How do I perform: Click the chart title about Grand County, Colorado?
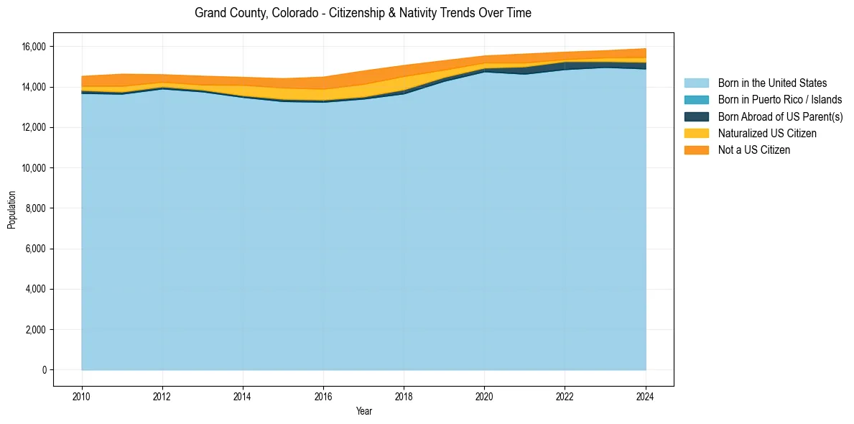(x=363, y=13)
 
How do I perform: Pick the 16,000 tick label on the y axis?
(x=34, y=47)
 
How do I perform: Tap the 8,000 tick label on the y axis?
(x=37, y=208)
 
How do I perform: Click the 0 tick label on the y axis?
(x=44, y=370)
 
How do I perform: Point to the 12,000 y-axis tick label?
(x=34, y=127)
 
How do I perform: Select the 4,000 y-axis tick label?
(x=37, y=289)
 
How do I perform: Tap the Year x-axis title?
(x=363, y=411)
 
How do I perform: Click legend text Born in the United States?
(x=772, y=83)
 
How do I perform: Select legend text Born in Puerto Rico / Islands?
(x=779, y=100)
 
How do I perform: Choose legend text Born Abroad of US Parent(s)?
(x=780, y=116)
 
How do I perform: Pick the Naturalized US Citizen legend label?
(x=767, y=133)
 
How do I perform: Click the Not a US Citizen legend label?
(x=753, y=149)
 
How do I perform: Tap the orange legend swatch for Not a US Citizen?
(x=696, y=149)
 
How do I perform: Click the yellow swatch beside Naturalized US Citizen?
(x=696, y=133)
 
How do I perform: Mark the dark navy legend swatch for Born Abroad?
(x=696, y=116)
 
